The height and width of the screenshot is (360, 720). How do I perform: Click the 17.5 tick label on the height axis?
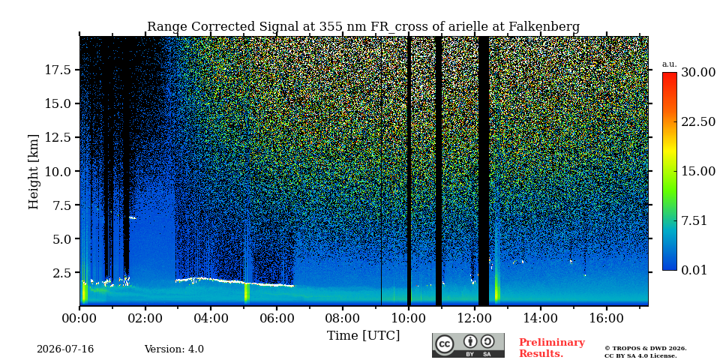(57, 70)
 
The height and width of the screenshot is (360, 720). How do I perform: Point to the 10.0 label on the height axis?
(57, 171)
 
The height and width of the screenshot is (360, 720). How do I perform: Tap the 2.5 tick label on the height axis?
(61, 273)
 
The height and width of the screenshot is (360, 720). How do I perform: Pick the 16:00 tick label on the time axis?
(606, 318)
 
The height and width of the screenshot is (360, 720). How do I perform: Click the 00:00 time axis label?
(80, 318)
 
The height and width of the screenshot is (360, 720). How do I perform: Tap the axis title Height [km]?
(34, 171)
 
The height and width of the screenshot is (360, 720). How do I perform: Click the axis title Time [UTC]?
(363, 336)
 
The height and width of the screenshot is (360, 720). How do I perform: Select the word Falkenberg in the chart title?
(544, 27)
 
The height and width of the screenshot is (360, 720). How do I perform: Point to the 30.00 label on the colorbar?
(698, 72)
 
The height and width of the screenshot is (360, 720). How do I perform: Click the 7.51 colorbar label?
(694, 220)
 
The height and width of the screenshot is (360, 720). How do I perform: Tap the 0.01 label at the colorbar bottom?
(694, 270)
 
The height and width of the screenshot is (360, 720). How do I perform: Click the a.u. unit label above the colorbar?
(670, 64)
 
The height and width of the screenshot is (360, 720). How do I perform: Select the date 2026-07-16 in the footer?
(65, 349)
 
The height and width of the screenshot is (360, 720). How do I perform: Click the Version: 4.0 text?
(174, 349)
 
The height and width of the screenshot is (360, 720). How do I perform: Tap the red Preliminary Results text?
(552, 348)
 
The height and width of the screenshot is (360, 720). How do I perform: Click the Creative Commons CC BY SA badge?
(468, 345)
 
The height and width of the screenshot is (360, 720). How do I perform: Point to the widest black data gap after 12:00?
(484, 171)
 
